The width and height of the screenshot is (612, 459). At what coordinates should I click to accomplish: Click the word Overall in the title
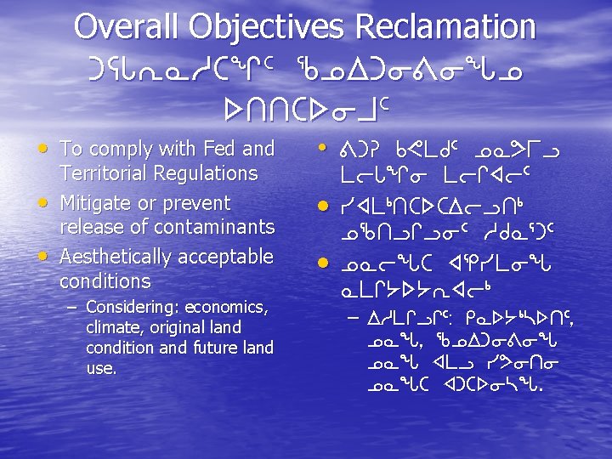(x=126, y=26)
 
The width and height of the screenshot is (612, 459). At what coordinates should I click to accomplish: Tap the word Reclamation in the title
(x=446, y=26)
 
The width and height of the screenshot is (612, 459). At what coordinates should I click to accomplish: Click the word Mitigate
(x=97, y=203)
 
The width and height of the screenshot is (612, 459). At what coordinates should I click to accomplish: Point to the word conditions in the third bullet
(x=105, y=280)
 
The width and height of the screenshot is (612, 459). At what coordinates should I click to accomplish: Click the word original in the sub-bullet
(x=181, y=327)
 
